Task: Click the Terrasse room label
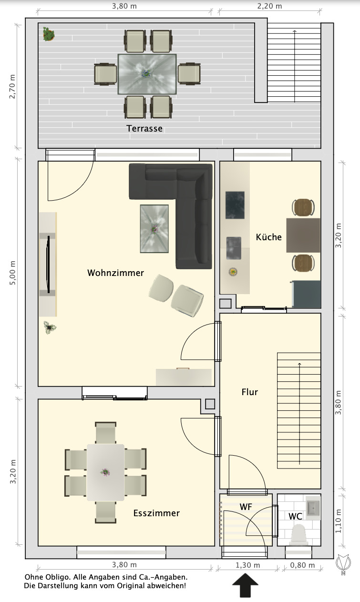(144, 129)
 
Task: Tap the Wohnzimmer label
(115, 273)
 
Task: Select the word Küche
(268, 237)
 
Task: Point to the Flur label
(249, 392)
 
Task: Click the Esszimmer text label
(156, 513)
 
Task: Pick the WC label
(295, 516)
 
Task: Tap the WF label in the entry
(246, 507)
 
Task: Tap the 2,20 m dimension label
(269, 6)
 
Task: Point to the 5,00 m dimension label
(12, 273)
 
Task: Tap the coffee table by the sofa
(154, 229)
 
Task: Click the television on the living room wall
(49, 264)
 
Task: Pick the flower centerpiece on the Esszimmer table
(105, 472)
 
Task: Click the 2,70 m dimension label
(12, 87)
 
